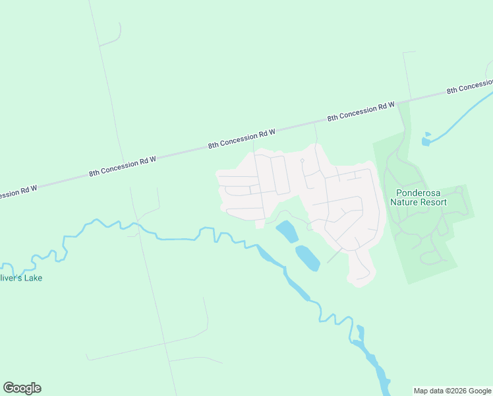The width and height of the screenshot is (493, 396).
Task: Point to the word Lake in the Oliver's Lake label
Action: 33,278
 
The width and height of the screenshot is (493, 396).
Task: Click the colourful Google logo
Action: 22,388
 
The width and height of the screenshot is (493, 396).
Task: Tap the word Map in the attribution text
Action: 422,391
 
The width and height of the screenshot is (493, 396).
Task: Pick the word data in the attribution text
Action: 440,391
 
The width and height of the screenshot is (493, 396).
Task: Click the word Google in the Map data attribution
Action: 480,391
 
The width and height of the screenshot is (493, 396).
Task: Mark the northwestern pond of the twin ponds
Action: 287,231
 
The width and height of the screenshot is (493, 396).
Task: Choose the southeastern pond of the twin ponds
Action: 307,257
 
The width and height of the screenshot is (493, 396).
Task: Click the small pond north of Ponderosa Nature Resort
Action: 426,141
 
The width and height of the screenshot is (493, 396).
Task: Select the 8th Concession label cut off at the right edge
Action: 470,86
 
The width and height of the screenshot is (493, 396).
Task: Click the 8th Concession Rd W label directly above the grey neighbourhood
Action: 241,138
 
